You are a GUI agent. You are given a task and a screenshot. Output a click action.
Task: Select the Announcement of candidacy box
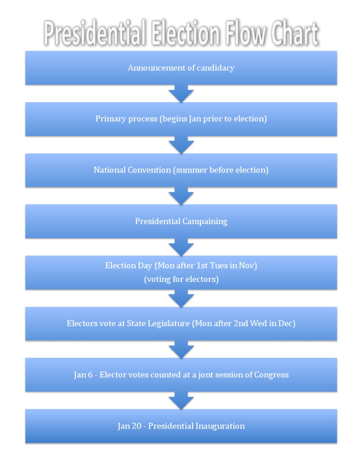(181, 68)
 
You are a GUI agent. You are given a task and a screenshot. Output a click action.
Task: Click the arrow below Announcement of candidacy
(181, 94)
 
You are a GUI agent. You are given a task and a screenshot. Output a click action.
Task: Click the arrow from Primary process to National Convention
(181, 145)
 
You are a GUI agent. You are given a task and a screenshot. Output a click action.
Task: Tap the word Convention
(149, 170)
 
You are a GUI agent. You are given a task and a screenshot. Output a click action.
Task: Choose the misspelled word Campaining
(204, 221)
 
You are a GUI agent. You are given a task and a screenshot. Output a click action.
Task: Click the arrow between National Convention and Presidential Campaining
(181, 196)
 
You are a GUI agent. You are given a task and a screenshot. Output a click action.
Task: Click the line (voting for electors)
(181, 279)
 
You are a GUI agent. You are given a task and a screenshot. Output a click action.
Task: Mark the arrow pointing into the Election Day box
(181, 247)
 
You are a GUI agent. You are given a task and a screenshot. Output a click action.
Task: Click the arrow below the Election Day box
(181, 298)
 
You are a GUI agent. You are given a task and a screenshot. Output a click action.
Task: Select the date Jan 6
(83, 375)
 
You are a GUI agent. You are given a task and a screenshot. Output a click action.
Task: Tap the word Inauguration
(220, 426)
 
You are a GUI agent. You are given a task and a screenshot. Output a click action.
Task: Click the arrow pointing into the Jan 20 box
(181, 400)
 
